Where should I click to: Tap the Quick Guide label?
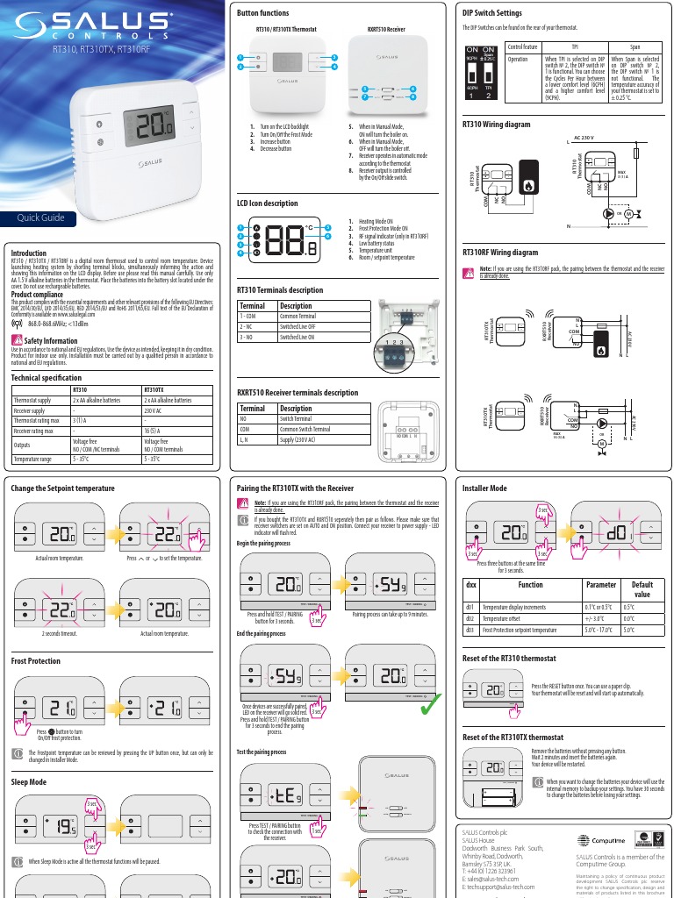tap(40, 217)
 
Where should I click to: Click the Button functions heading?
tap(263, 14)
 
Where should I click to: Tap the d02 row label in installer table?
tap(470, 618)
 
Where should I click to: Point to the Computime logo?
tap(598, 840)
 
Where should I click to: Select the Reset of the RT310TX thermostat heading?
tap(513, 738)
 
